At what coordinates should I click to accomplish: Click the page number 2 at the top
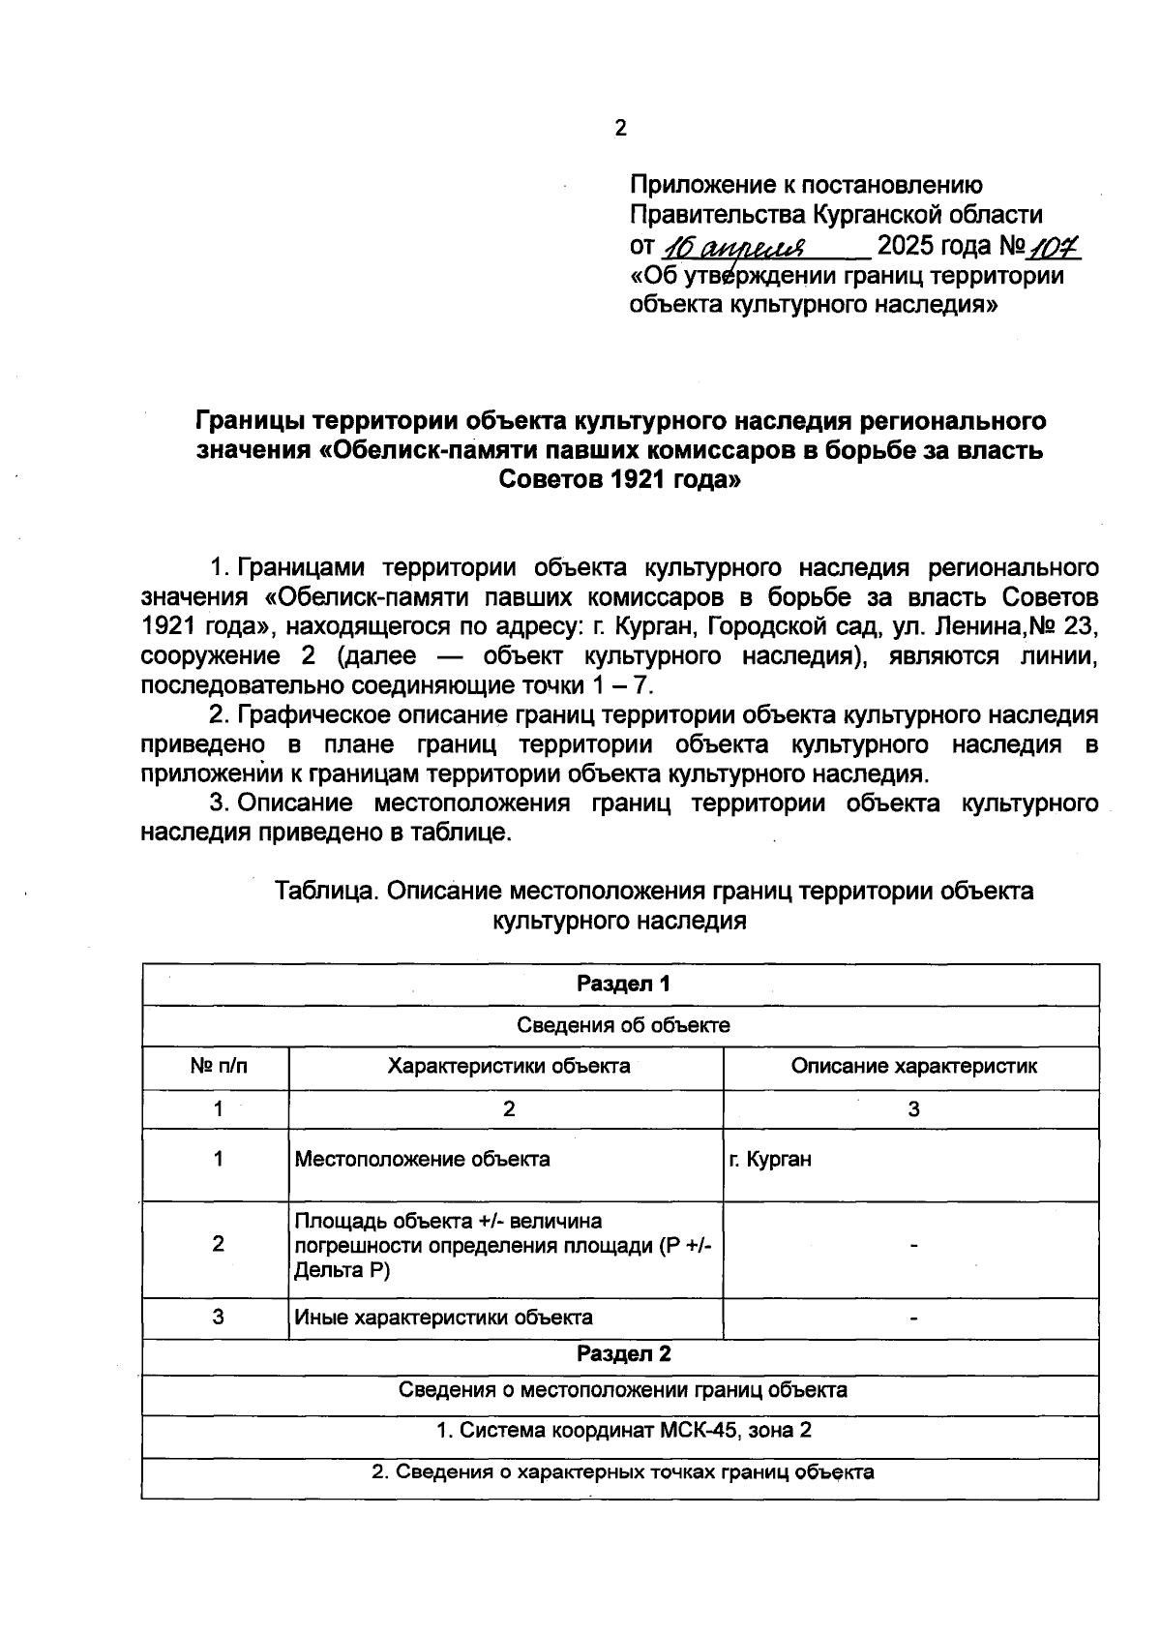pos(620,129)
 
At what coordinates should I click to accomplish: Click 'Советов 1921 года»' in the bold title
pos(619,479)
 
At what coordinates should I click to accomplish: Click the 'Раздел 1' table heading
pos(623,985)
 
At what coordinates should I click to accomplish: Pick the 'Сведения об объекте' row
pos(623,1025)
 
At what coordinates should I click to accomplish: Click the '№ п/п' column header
pos(219,1067)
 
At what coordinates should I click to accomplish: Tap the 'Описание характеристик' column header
pos(913,1067)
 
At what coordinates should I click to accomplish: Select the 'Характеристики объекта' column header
pos(509,1067)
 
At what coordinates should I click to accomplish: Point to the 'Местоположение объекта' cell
pos(422,1159)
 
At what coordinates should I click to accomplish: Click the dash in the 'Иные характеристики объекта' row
pos(913,1318)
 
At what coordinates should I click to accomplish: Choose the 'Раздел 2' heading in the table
pos(623,1354)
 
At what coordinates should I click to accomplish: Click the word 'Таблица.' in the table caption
pos(325,891)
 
